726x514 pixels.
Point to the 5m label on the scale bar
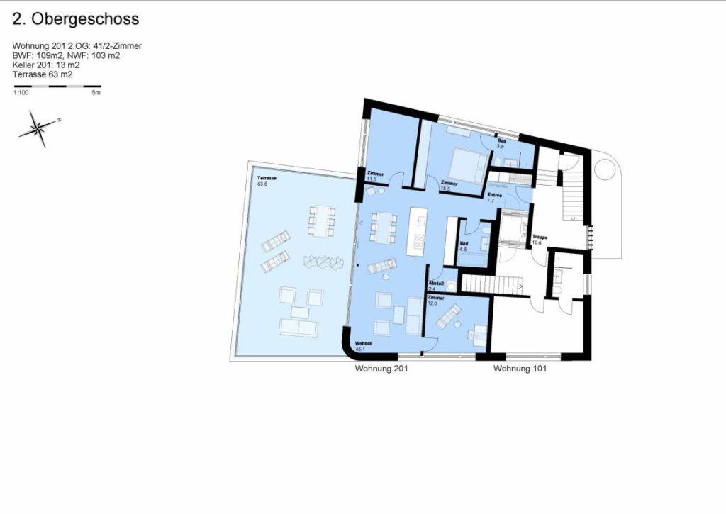96,93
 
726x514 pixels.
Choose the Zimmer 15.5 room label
448,186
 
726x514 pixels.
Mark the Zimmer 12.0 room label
435,301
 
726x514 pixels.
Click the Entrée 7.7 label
495,198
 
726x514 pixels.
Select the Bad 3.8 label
501,144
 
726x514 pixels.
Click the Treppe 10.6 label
540,240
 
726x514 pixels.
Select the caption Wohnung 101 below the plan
520,369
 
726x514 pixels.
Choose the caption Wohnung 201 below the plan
381,369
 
